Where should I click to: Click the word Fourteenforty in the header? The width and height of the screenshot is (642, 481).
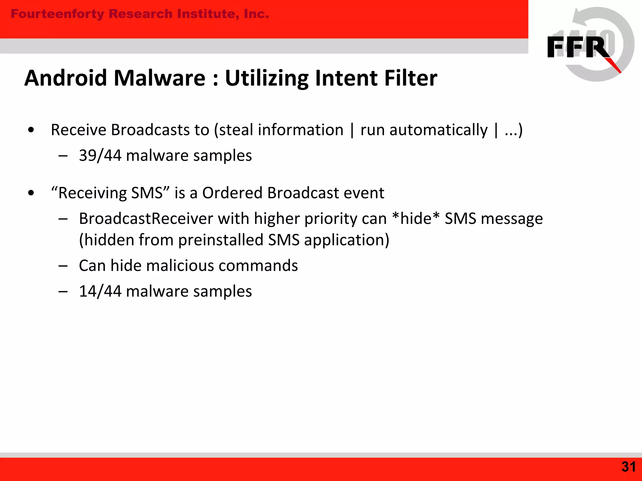(x=57, y=14)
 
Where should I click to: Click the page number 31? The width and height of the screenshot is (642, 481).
(x=628, y=467)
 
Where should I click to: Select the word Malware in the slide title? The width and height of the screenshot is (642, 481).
(x=159, y=78)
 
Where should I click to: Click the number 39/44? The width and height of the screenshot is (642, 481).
(x=100, y=156)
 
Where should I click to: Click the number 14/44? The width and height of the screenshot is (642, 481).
(x=100, y=292)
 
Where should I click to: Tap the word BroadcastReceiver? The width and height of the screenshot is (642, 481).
(x=146, y=219)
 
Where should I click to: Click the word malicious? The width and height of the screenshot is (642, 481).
(x=180, y=266)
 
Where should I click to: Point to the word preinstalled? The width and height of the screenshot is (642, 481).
(x=221, y=240)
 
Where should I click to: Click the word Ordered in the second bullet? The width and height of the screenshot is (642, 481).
(x=232, y=193)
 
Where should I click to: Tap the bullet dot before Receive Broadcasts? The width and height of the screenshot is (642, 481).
(x=31, y=130)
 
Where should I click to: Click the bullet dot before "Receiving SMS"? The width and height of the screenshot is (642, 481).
(x=31, y=193)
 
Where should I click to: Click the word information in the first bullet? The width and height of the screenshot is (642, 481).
(x=300, y=130)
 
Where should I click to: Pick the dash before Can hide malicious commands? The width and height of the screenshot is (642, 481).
(x=63, y=266)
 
